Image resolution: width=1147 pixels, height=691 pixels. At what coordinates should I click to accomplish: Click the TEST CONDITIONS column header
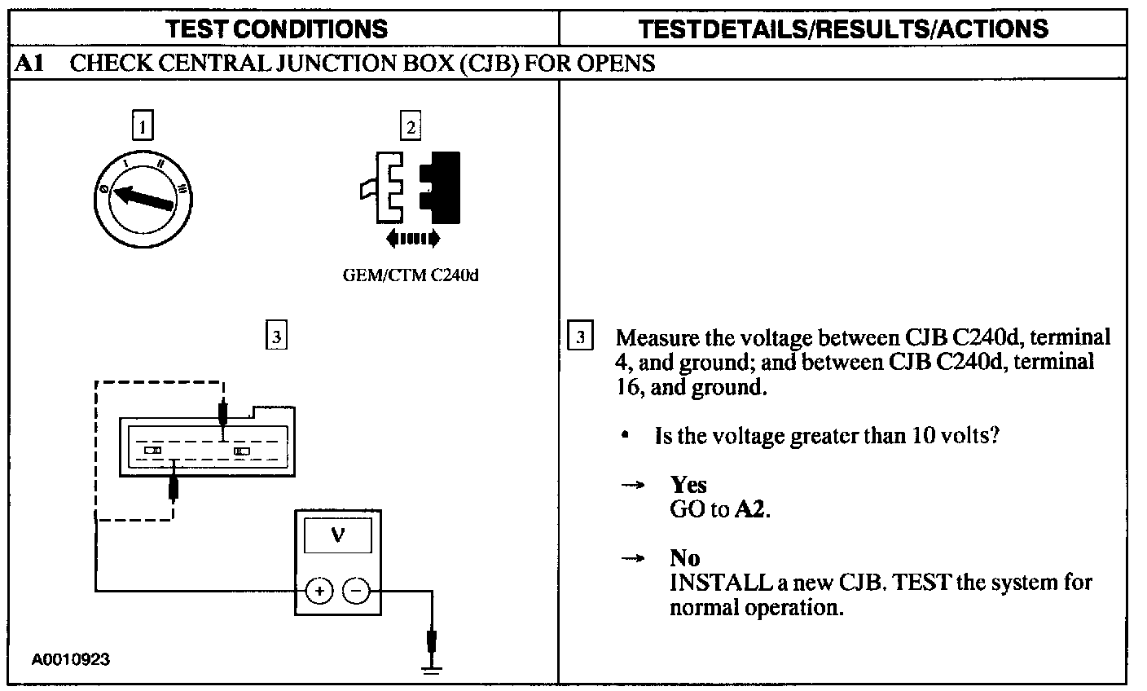pyautogui.click(x=277, y=29)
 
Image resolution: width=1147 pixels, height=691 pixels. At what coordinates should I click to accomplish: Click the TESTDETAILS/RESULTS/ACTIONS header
pyautogui.click(x=843, y=29)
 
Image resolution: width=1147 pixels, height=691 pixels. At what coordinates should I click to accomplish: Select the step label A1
pyautogui.click(x=29, y=64)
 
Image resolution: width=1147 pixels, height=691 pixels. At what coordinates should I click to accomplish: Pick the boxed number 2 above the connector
pyautogui.click(x=411, y=126)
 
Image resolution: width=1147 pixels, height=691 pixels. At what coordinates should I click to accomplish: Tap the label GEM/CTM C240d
pyautogui.click(x=411, y=275)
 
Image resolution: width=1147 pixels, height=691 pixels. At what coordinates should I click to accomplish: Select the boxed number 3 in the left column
pyautogui.click(x=277, y=336)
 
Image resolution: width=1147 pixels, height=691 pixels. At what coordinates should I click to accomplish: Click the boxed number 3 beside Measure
pyautogui.click(x=579, y=337)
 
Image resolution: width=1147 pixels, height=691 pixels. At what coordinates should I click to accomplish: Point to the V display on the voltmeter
pyautogui.click(x=337, y=535)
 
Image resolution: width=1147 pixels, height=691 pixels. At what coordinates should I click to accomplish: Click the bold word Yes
pyautogui.click(x=688, y=485)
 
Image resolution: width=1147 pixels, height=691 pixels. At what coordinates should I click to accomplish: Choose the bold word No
pyautogui.click(x=684, y=558)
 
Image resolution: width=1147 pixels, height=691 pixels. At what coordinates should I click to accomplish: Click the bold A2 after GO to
pyautogui.click(x=751, y=510)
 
